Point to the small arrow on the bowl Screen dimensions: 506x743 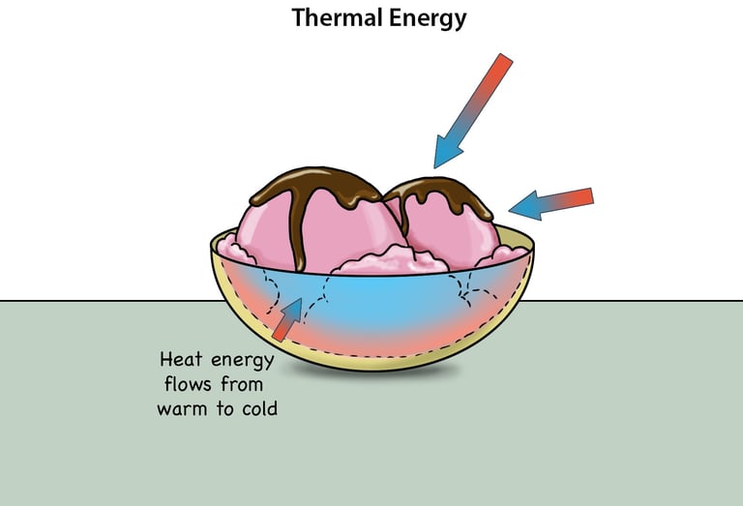tap(287, 319)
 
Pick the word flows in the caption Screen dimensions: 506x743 tap(181, 385)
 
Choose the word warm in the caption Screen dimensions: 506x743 tap(182, 409)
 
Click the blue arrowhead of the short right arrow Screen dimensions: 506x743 tap(523, 205)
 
